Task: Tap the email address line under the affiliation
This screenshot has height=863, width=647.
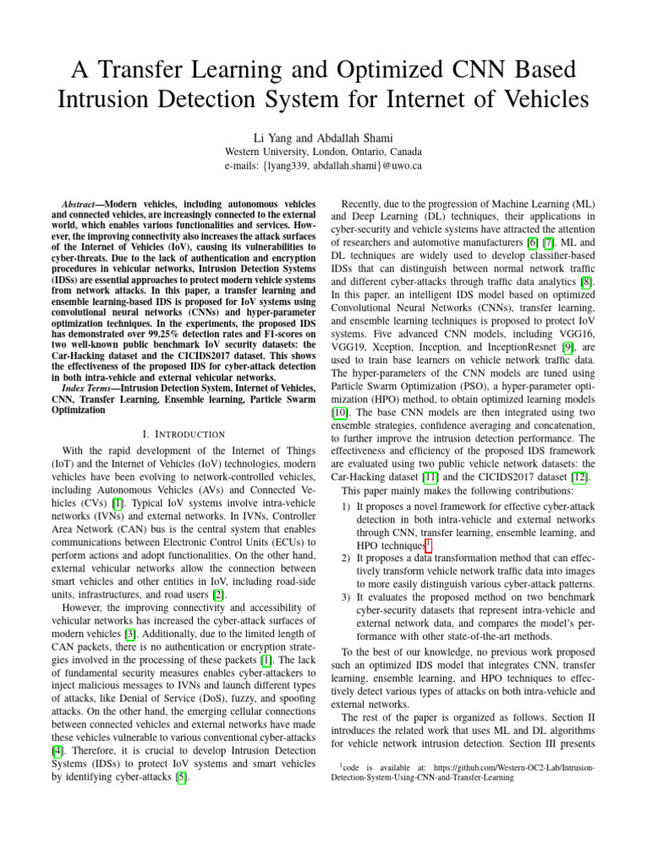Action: pyautogui.click(x=323, y=167)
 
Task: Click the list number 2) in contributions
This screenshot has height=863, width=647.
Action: pyautogui.click(x=346, y=559)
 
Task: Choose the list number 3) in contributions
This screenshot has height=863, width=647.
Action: pyautogui.click(x=346, y=597)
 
